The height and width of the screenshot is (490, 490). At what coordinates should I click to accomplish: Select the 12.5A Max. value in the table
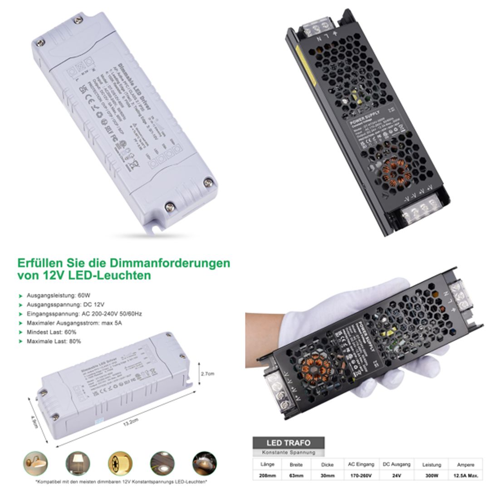(x=466, y=475)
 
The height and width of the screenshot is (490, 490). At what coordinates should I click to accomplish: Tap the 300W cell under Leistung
(x=431, y=475)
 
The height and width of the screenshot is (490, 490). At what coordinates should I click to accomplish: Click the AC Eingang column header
(x=361, y=464)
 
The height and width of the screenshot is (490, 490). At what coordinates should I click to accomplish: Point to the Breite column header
(x=296, y=465)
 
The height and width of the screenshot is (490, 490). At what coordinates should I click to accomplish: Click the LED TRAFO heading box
(x=288, y=442)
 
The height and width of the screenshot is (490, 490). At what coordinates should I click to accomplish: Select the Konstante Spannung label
(x=288, y=452)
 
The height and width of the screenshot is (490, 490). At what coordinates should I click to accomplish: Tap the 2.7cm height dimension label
(x=207, y=373)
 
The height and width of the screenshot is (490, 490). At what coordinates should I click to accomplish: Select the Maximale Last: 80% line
(x=54, y=341)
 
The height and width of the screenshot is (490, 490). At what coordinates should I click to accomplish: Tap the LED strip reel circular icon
(x=120, y=463)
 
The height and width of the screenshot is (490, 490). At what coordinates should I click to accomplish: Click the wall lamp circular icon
(x=35, y=463)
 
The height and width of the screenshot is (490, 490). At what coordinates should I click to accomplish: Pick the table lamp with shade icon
(x=78, y=463)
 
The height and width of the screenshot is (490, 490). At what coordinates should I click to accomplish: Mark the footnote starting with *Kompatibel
(x=121, y=481)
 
